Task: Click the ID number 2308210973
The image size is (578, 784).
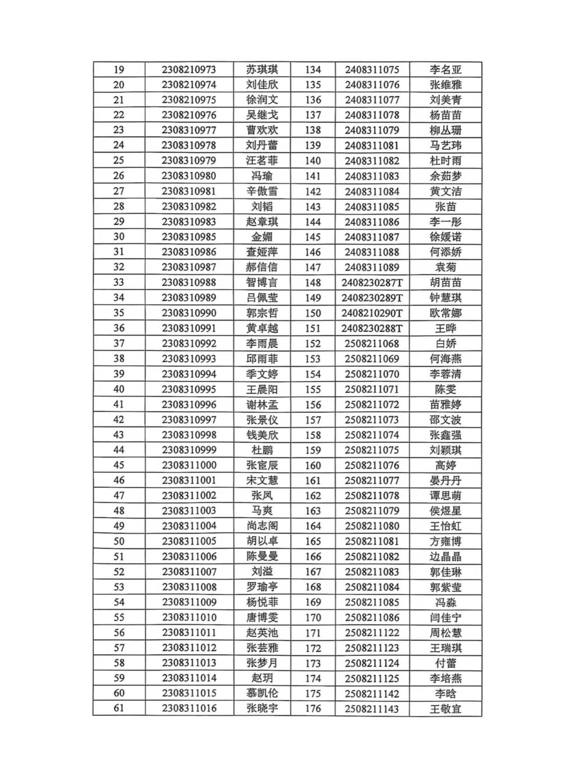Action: (x=189, y=70)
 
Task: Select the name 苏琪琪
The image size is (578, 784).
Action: (x=262, y=70)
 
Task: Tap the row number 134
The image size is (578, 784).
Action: (x=313, y=70)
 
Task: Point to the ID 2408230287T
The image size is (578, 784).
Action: (x=372, y=283)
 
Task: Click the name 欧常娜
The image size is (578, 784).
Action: (x=445, y=313)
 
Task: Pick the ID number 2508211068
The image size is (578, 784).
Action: (x=372, y=344)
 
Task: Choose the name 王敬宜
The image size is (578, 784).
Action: (x=445, y=709)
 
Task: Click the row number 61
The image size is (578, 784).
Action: (x=119, y=708)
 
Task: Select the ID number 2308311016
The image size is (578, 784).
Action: (x=189, y=708)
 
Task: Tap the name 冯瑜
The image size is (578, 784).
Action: (x=262, y=176)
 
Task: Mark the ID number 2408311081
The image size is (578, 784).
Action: (x=372, y=146)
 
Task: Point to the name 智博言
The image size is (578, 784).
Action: (x=262, y=282)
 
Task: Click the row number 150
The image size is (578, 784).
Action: (x=313, y=313)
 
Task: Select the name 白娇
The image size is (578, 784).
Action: (x=445, y=344)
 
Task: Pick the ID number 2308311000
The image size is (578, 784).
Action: (x=189, y=465)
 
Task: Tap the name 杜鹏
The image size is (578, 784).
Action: (x=262, y=450)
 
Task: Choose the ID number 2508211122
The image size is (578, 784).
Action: (x=372, y=633)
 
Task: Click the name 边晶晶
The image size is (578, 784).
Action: (x=445, y=557)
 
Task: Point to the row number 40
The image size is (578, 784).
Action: (x=119, y=389)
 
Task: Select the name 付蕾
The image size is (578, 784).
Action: (x=445, y=663)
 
